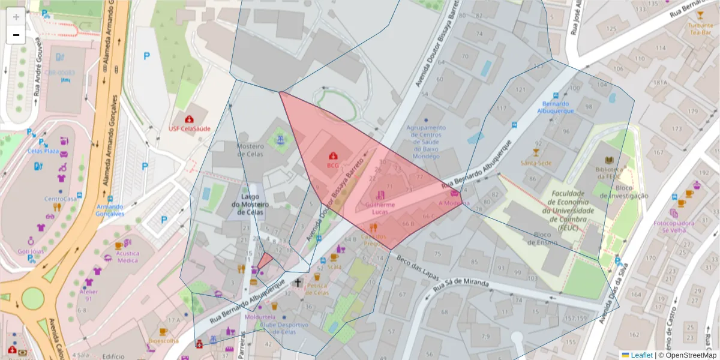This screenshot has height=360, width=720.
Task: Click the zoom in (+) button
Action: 16,17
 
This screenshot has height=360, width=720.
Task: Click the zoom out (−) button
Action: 16,35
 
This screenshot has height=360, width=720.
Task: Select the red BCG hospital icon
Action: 332,156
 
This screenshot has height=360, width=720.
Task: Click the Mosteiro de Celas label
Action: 250,151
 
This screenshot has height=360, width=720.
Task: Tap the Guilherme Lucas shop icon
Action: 381,195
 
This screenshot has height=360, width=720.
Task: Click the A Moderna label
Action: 454,203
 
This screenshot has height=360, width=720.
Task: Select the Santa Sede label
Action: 536,163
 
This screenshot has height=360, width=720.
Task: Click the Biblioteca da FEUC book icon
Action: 610,160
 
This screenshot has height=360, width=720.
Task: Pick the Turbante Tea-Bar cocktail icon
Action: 700,15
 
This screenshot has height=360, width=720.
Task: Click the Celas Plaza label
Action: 43,151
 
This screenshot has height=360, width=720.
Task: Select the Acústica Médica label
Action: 127,257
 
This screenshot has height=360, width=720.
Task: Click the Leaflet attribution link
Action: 641,355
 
